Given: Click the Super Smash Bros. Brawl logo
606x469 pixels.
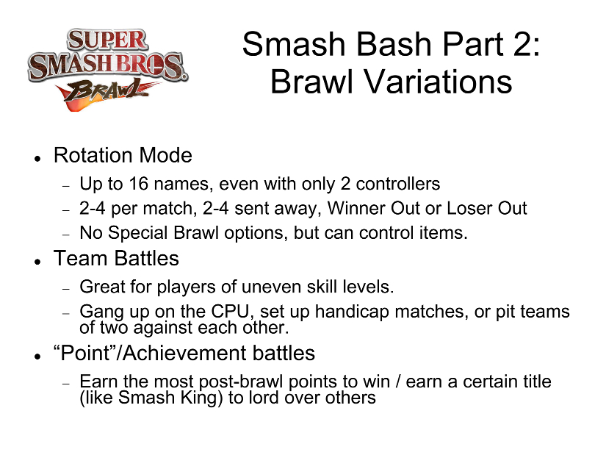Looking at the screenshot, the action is point(108,70).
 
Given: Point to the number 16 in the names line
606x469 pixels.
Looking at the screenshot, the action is point(138,184).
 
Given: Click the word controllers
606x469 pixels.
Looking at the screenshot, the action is point(397,184).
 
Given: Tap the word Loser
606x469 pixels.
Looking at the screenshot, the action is point(469,208).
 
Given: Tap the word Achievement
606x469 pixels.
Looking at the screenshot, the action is point(184,353).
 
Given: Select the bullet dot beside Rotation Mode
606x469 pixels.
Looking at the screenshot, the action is point(37,159).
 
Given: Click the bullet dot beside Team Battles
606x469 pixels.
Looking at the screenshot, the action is point(37,262).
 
